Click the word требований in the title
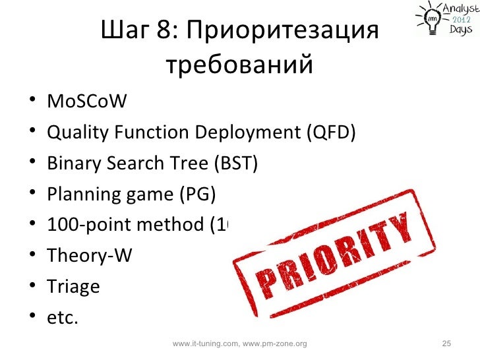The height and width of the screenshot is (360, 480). pos(238,65)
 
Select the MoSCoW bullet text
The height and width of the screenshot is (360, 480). pos(86,103)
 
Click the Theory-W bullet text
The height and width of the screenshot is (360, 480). pos(89,256)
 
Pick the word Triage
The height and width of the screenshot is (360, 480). pos(73,287)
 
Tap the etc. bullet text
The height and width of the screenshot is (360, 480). pos(63,317)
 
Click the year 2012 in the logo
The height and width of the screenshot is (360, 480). pos(460,20)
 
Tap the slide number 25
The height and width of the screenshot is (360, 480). pos(446,344)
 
